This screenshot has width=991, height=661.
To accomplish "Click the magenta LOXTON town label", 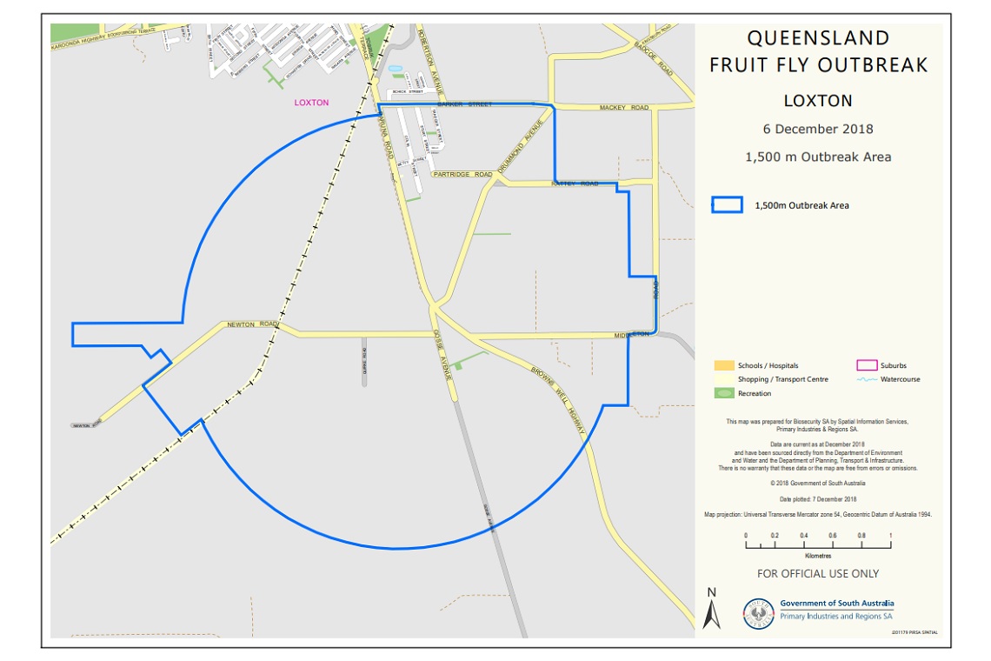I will click(x=311, y=103).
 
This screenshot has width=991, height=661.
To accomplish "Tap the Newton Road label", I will click(x=252, y=324).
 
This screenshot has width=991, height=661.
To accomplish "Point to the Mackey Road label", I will click(x=624, y=108).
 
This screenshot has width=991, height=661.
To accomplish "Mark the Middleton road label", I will click(x=632, y=335).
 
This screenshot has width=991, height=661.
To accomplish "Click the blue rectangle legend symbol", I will click(x=728, y=205).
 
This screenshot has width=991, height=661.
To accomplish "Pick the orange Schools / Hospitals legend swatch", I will click(x=723, y=365).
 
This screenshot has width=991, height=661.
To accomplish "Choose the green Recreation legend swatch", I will click(x=723, y=393).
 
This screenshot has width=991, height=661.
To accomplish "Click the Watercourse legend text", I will click(x=900, y=379).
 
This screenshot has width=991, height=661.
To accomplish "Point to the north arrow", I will click(x=712, y=609).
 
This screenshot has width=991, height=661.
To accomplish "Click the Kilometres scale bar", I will click(x=818, y=545).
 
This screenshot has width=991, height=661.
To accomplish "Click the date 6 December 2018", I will click(x=818, y=130).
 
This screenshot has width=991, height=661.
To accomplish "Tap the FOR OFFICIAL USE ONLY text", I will click(x=818, y=574).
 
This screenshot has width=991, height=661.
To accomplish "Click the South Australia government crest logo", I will click(x=760, y=612).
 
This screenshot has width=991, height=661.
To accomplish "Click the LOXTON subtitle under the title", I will click(x=818, y=101).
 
